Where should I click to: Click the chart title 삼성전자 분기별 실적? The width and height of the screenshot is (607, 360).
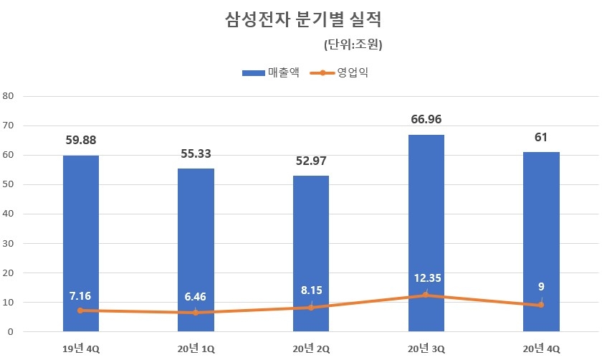coord(303,19)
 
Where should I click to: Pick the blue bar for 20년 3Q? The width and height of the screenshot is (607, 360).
coord(426,215)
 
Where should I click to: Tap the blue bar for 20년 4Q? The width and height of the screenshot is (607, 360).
coord(541,229)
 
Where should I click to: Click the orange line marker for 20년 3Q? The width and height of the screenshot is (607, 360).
coord(426,295)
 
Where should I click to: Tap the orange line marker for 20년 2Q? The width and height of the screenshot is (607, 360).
coord(310,308)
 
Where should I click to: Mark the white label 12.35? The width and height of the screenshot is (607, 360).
coord(426,278)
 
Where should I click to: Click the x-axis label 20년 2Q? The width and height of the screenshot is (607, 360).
coord(310,349)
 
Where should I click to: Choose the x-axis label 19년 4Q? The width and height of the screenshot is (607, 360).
coord(80,349)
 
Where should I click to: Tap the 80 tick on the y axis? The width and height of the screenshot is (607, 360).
coord(8,95)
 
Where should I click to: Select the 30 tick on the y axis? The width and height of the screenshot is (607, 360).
coord(8,243)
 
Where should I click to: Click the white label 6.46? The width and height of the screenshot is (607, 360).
coord(196,296)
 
